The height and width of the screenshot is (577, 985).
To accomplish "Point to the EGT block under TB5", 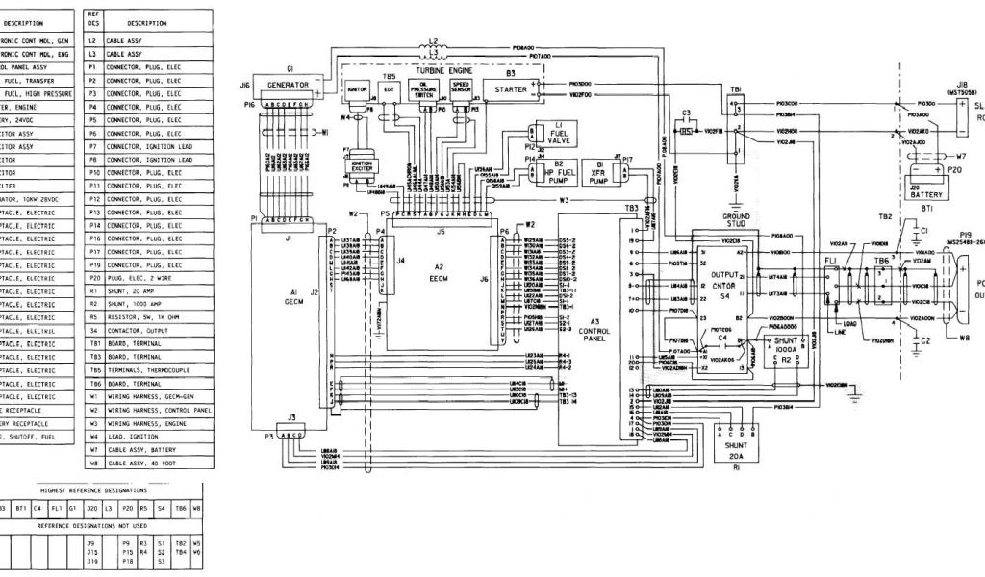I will click(x=390, y=89).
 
